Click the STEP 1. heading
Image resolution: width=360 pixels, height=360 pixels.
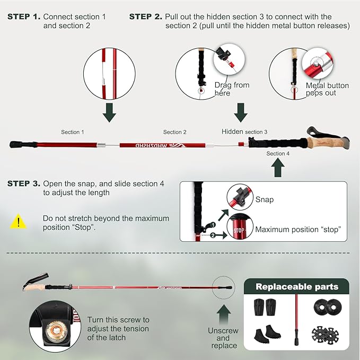point(23,17)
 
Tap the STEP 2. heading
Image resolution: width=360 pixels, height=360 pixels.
point(145,17)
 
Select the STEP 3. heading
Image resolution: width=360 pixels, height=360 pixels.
point(23,183)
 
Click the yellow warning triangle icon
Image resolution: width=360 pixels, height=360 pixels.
point(19,221)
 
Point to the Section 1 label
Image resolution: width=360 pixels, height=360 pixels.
point(73,132)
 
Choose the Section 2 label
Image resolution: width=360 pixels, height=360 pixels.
point(175,132)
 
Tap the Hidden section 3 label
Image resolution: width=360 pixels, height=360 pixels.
point(244,131)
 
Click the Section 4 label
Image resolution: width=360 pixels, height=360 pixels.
point(278,154)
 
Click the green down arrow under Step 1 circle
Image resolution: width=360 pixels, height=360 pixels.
point(109,113)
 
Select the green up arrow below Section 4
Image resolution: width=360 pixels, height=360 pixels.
point(278,168)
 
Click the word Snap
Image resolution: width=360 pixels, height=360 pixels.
point(265,200)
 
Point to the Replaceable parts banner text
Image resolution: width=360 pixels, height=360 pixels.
point(296,287)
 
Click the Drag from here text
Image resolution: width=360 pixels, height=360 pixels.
point(232,89)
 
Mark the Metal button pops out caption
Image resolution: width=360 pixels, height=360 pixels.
point(327,89)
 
